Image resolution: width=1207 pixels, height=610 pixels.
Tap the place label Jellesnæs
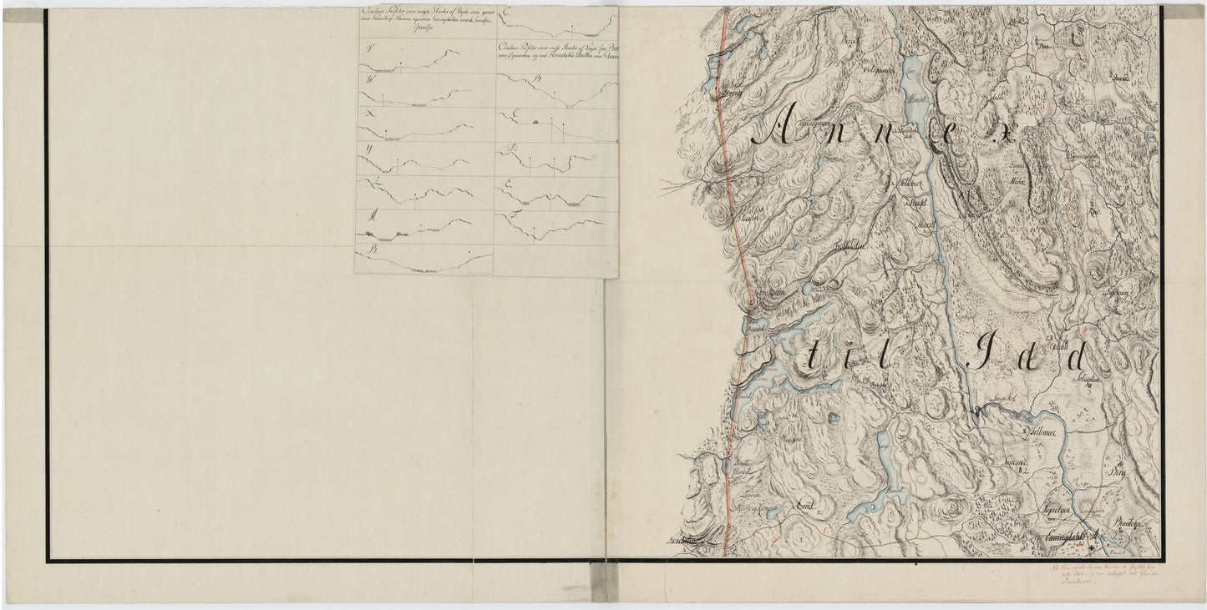click(1039, 435)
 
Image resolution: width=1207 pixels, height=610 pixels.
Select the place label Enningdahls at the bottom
click(1073, 538)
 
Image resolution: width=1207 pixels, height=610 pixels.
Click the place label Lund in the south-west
click(801, 506)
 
